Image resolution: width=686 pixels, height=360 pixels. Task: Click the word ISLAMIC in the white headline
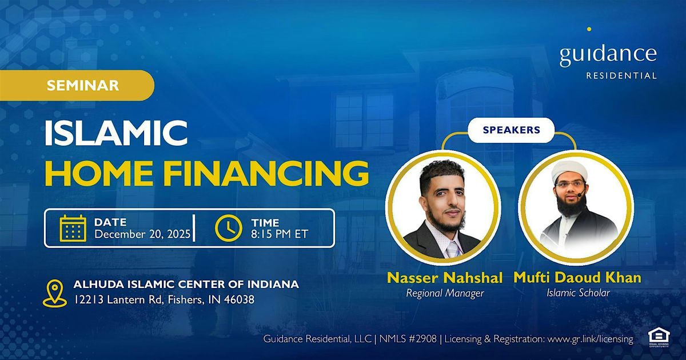pos(116,133)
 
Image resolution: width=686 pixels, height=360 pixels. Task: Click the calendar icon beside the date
pos(73,228)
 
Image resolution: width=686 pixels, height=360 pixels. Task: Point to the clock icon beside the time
pos(229,228)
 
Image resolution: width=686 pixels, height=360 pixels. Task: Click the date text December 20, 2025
pos(143,234)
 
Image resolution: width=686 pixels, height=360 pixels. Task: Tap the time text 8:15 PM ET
pos(280,234)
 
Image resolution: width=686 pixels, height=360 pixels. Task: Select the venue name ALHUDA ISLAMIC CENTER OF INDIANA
pos(186,285)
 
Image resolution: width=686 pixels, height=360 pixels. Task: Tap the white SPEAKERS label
pos(511,130)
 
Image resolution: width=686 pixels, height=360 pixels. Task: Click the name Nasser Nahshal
pos(445,278)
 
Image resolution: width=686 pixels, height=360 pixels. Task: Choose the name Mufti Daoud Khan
pos(577,278)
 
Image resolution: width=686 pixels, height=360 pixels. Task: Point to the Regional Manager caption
pos(444,293)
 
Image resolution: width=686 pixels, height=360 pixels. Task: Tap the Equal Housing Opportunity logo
pos(659,338)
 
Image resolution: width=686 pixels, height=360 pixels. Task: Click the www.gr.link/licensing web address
pos(590,339)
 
